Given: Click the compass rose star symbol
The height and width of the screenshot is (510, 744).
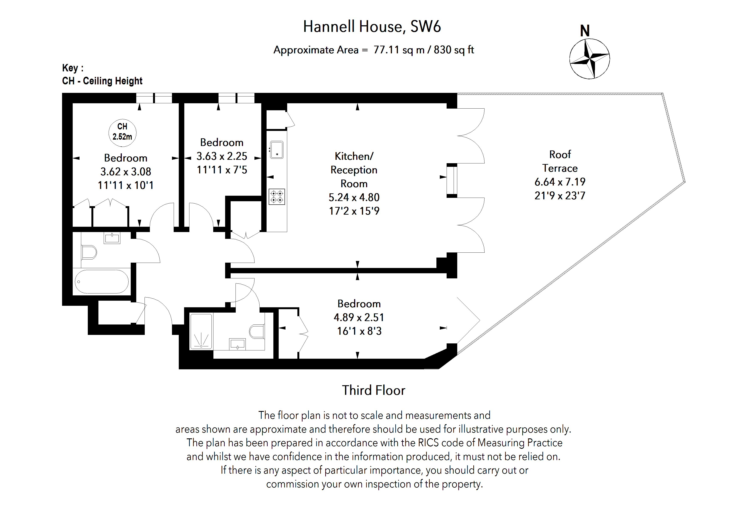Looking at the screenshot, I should [589, 59].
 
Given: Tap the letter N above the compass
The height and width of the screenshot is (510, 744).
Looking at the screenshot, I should [585, 31].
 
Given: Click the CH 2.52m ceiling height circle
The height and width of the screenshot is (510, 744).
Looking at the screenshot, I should [122, 132].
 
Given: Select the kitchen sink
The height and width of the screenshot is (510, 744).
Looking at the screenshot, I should [277, 150].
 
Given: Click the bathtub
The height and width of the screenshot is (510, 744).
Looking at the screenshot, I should [101, 282].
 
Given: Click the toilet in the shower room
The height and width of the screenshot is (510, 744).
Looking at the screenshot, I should [257, 332].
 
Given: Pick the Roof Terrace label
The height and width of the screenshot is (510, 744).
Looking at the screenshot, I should [560, 161].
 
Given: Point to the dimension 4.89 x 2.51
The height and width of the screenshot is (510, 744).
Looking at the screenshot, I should [359, 317].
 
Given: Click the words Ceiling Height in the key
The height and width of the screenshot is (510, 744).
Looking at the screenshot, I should [113, 81].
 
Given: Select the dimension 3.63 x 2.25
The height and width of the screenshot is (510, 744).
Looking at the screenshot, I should [221, 156].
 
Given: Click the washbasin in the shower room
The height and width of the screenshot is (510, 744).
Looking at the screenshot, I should [237, 344].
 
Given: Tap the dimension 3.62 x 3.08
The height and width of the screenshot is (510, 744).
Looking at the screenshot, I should [125, 172].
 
